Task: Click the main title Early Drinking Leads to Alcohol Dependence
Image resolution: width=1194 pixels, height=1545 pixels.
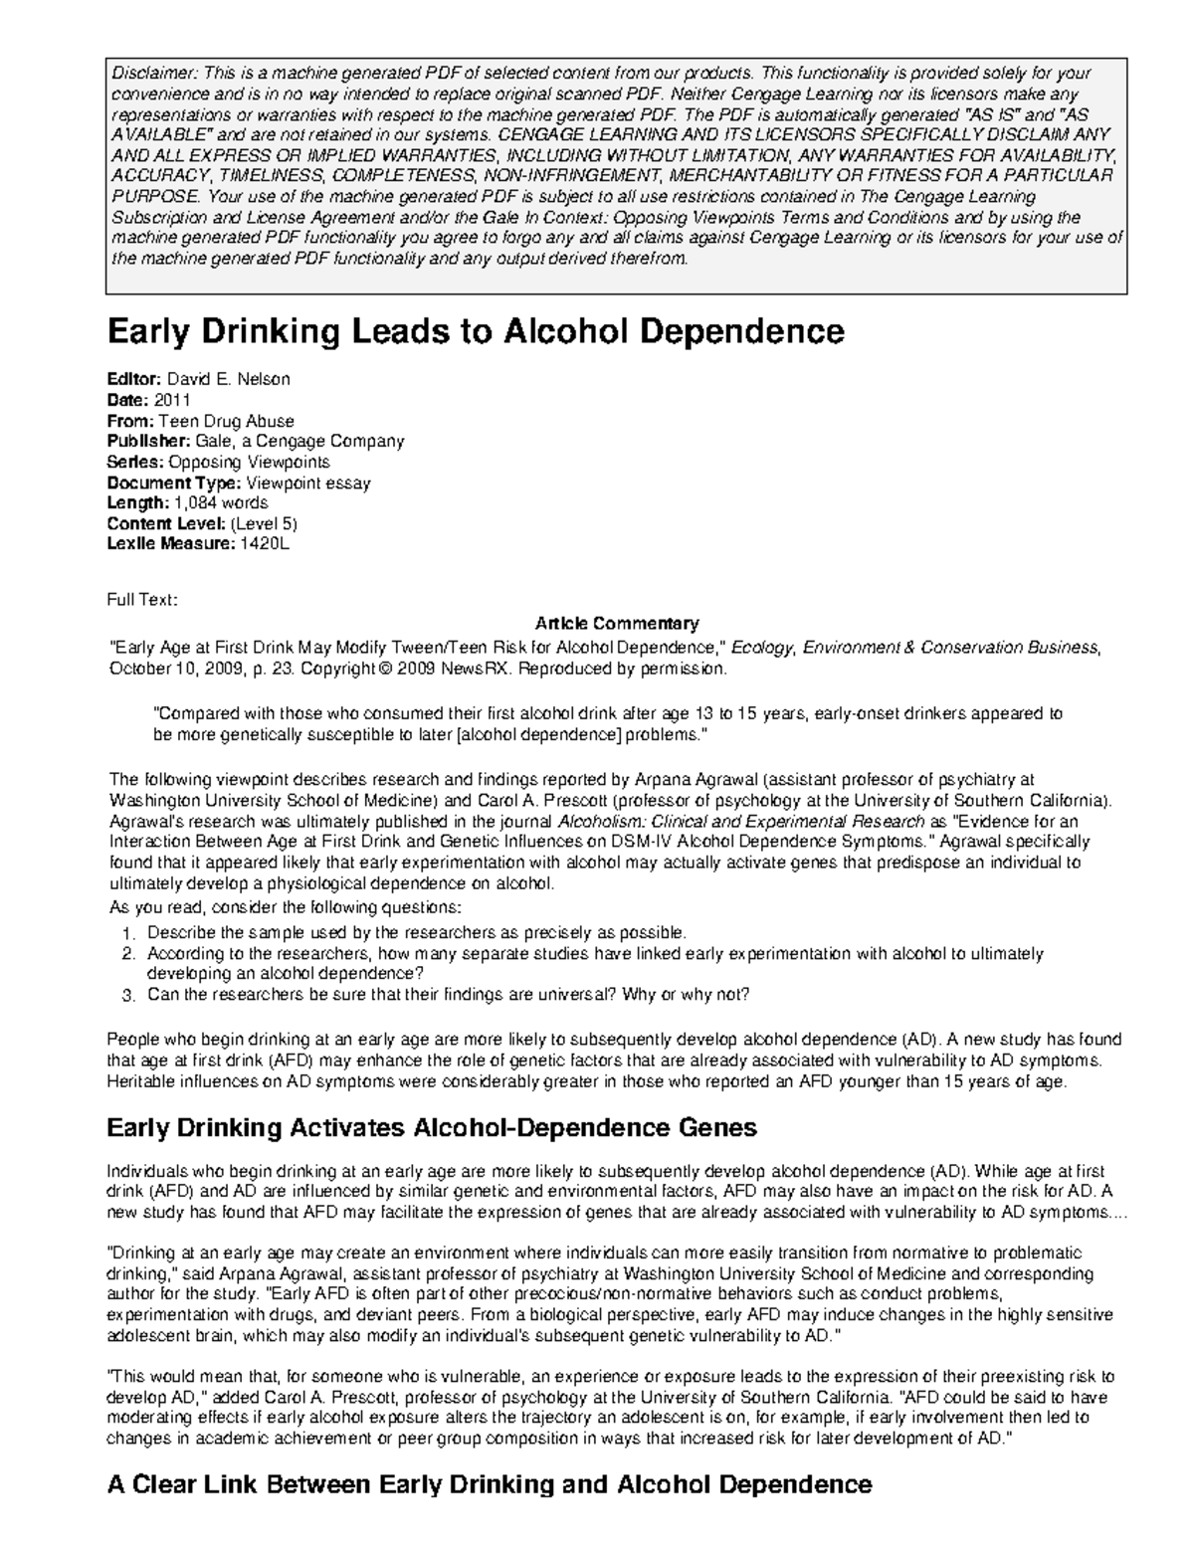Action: pos(475,331)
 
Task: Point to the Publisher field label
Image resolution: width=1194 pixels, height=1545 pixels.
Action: pos(145,441)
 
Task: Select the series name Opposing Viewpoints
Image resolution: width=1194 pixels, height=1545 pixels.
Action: pos(249,462)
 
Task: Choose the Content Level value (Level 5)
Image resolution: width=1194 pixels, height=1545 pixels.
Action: pos(264,523)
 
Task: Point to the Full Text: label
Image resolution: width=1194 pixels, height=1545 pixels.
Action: pos(142,599)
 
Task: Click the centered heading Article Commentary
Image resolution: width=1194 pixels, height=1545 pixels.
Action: pos(617,624)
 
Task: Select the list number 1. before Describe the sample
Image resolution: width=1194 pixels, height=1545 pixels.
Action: pos(126,933)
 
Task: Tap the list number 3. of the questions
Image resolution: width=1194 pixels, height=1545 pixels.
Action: pos(126,995)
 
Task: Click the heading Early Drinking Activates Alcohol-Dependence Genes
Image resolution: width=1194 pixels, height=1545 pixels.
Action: pos(431,1127)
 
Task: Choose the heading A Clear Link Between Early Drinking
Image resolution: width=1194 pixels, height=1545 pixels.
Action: pos(489,1485)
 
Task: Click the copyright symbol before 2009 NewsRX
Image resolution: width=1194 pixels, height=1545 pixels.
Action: pos(385,670)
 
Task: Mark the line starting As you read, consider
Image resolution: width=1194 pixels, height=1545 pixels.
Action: pos(285,908)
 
